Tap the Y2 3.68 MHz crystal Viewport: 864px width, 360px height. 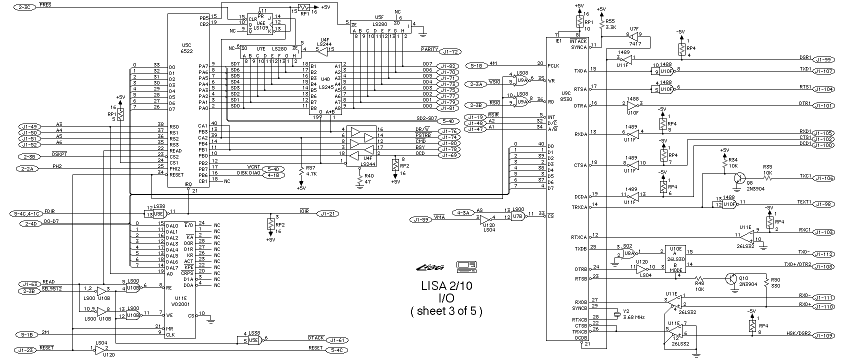click(617, 313)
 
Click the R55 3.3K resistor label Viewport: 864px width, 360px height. click(610, 24)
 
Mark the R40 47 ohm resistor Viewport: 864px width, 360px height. click(359, 175)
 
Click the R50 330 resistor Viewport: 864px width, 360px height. click(765, 283)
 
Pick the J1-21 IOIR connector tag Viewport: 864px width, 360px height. click(328, 213)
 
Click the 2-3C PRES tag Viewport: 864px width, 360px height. click(24, 7)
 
